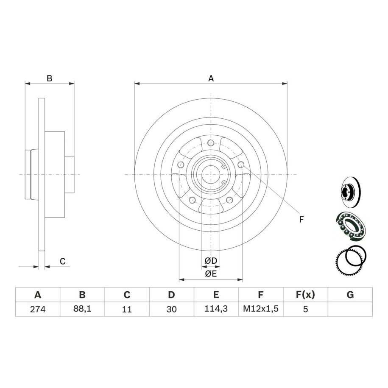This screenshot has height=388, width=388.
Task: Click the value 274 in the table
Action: point(38,309)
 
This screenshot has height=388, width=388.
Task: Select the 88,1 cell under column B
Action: point(82,309)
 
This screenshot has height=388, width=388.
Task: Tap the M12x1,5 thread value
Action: point(261,309)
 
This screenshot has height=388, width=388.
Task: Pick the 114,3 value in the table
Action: point(216,309)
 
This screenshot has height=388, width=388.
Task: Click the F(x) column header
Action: point(305,295)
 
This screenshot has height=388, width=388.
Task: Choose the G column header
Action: point(350,295)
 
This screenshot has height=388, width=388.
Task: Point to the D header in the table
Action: point(171,295)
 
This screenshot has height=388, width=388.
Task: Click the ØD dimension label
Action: point(211,260)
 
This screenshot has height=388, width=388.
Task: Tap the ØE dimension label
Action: point(211,274)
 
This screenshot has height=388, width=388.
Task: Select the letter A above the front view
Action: point(211,78)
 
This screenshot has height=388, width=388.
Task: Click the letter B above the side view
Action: point(50,78)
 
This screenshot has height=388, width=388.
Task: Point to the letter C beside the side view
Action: point(63,261)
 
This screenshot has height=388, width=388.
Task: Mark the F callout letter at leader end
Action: point(301,219)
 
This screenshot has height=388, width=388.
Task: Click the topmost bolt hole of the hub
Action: point(211,142)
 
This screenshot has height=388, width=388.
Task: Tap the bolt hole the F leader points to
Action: point(241,165)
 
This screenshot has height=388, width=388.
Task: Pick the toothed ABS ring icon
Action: point(350,260)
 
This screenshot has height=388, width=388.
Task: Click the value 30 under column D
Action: point(171,309)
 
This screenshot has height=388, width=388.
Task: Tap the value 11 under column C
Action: point(127,309)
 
